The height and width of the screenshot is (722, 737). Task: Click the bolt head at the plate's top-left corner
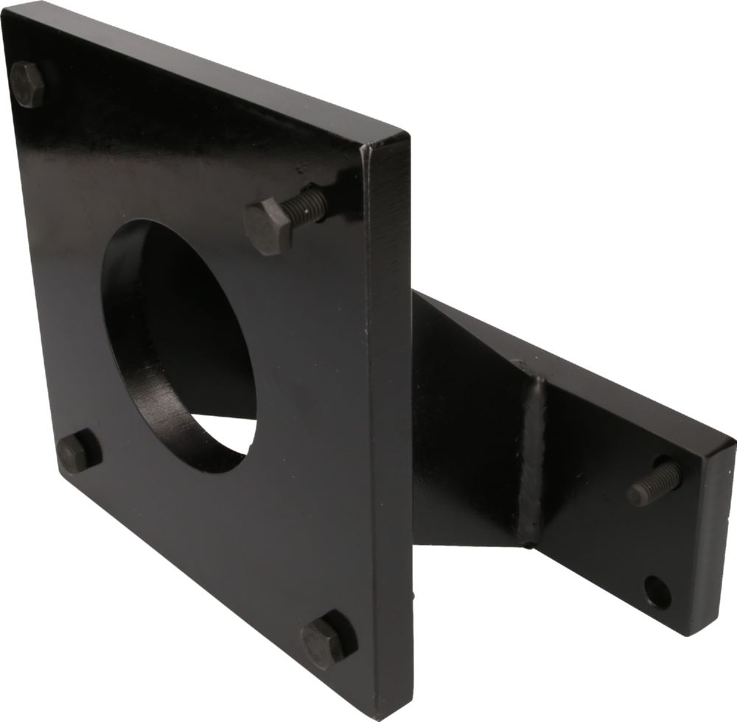(x=27, y=84)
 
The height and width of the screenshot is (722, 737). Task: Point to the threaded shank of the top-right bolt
(x=306, y=205)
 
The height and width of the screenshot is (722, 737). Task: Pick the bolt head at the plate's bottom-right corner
(x=324, y=639)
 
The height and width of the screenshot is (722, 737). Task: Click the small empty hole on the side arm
(x=657, y=591)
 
